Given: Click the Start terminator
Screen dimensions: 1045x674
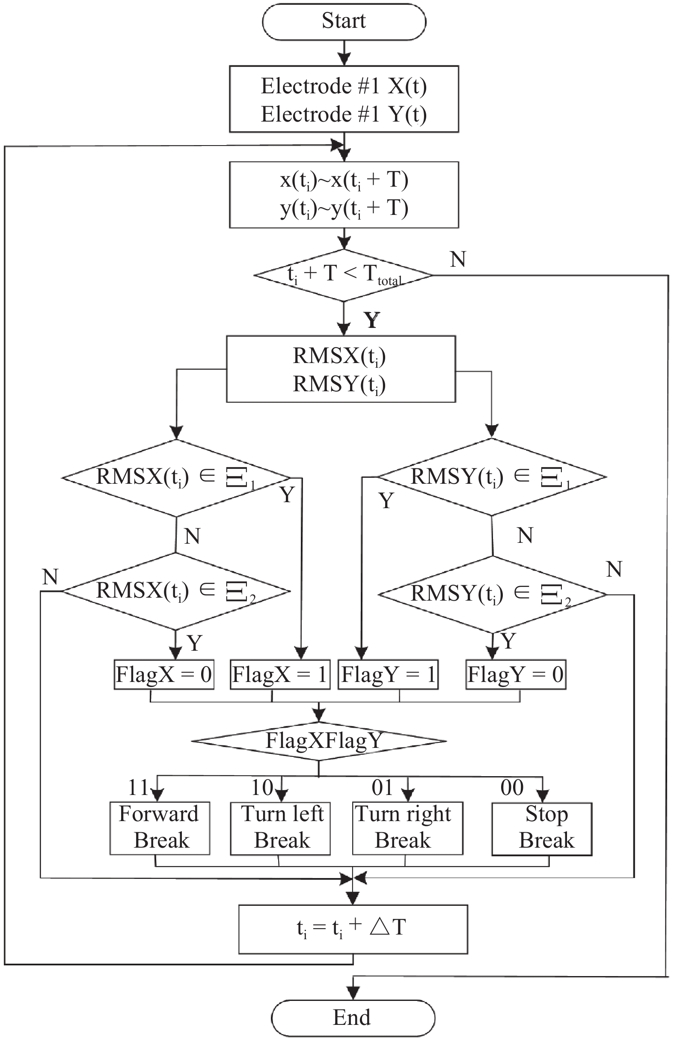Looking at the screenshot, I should point(344,21).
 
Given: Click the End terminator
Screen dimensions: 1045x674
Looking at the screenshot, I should point(353,1018).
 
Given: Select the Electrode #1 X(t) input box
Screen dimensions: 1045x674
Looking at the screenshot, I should point(344,99).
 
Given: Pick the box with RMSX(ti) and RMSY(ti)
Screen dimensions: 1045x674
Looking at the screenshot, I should point(341,369).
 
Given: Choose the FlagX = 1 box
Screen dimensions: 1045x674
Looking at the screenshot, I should point(280,675).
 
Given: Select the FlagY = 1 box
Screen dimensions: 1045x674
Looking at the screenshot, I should point(388,675).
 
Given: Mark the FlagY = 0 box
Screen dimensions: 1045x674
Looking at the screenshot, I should point(516,675).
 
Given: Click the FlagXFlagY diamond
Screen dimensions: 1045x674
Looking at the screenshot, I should point(319,741).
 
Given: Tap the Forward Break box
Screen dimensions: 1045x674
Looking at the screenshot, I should point(160,828).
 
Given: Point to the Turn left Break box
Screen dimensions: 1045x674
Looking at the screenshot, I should point(281,828).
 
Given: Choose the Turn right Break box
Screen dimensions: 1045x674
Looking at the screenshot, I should point(407,828).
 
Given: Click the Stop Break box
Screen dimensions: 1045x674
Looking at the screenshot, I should point(542,828).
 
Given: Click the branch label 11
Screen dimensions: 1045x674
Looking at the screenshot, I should point(138,788).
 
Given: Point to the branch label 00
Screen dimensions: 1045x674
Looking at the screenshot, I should point(512,788).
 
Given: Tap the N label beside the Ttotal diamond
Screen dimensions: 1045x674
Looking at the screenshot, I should point(458,259).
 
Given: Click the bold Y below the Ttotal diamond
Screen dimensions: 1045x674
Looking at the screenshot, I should point(372,320).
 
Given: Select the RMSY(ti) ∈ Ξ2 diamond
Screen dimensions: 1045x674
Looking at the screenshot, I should point(493,595).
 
